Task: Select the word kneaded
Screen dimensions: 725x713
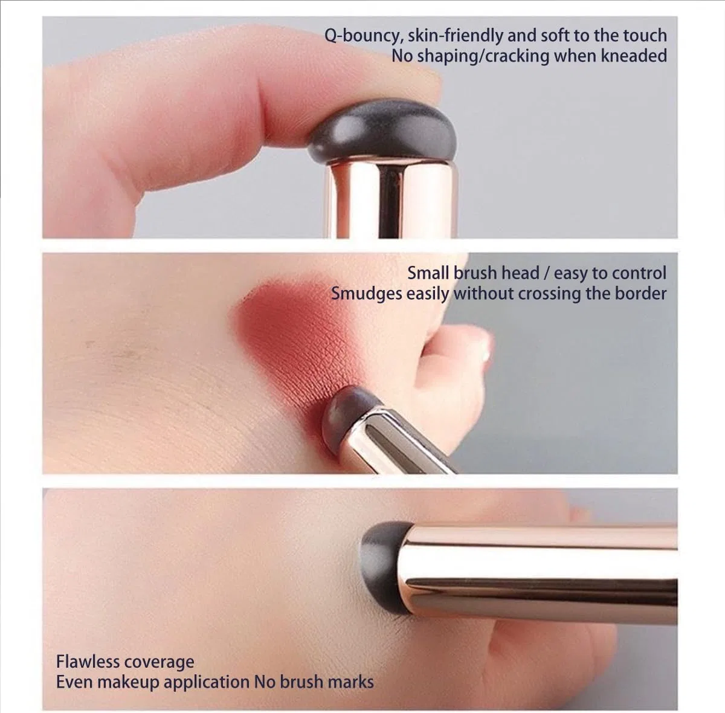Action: [634, 56]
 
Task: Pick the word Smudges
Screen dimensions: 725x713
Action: [367, 294]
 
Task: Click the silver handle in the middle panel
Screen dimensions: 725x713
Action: [402, 440]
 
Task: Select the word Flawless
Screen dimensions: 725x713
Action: [87, 662]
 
